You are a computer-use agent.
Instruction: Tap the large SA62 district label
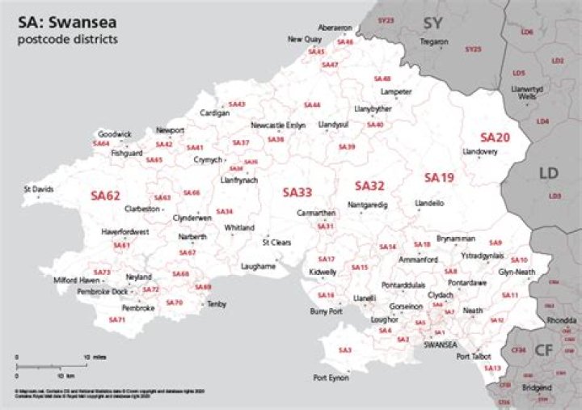pyautogui.click(x=105, y=195)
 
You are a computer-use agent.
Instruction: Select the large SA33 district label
pyautogui.click(x=297, y=192)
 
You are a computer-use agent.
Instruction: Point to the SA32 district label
pyautogui.click(x=369, y=185)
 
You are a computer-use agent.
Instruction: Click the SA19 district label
pyautogui.click(x=440, y=177)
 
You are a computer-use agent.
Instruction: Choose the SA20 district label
pyautogui.click(x=495, y=138)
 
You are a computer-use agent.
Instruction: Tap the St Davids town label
pyautogui.click(x=38, y=189)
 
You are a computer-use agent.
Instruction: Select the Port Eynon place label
pyautogui.click(x=331, y=378)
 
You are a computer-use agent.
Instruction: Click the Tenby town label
pyautogui.click(x=217, y=304)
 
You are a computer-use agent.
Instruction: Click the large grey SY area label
pyautogui.click(x=433, y=23)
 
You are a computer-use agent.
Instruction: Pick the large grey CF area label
pyautogui.click(x=544, y=349)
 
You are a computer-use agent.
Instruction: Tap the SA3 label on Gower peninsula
pyautogui.click(x=345, y=349)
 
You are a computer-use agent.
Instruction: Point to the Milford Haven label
pyautogui.click(x=77, y=280)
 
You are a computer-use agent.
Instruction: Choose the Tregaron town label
pyautogui.click(x=434, y=41)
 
